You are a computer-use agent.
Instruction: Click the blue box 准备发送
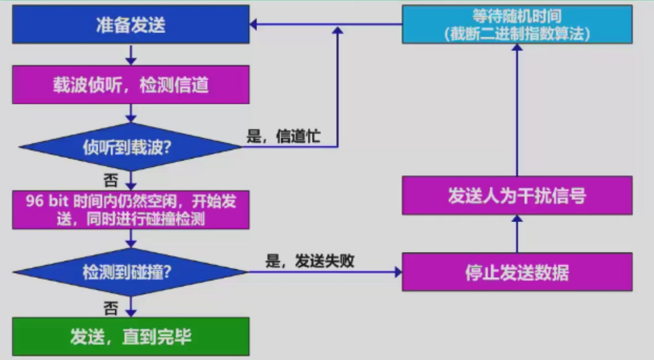(130, 25)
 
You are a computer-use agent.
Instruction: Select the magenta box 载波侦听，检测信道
(130, 85)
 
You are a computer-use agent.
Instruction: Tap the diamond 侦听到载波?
(130, 147)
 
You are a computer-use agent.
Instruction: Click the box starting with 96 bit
(130, 210)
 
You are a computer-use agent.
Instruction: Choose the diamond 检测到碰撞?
(130, 272)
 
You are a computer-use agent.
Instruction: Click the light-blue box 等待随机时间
(517, 25)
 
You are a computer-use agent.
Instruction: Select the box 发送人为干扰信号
(517, 196)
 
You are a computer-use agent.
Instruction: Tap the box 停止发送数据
(517, 272)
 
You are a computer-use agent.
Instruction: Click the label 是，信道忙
(283, 136)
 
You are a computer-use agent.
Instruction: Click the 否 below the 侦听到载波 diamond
(111, 179)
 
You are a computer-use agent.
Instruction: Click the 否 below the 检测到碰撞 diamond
(111, 308)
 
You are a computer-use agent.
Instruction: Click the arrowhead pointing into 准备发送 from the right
(254, 25)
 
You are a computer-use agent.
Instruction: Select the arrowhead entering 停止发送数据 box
(397, 272)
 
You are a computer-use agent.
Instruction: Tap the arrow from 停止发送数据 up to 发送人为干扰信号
(517, 234)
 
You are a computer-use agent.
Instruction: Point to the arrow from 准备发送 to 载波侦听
(130, 55)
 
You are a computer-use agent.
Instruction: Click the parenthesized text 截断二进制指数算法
(517, 34)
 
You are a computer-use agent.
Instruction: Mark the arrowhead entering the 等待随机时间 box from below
(517, 47)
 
